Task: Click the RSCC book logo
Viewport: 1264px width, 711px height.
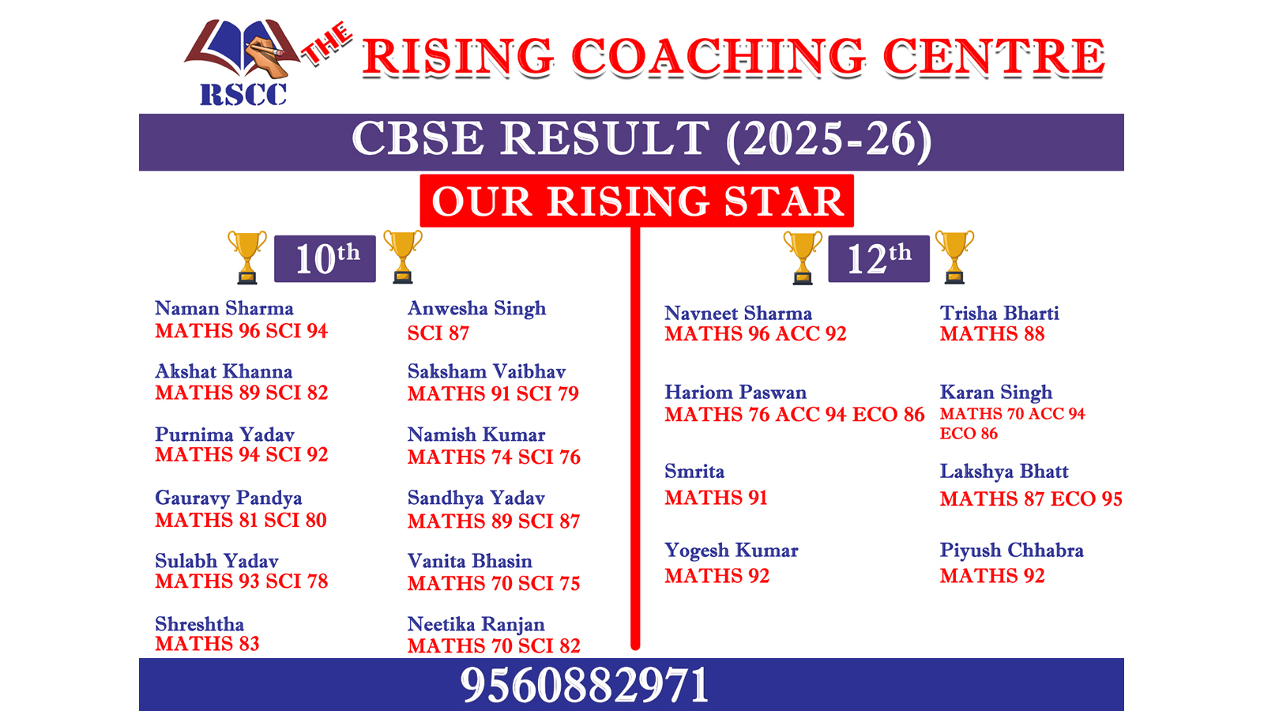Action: (x=243, y=62)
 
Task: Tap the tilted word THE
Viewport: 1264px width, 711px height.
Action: (x=327, y=43)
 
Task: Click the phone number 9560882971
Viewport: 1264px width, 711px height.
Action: (x=584, y=685)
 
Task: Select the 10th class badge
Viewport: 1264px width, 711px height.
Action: (x=325, y=258)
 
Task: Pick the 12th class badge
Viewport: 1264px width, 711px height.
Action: (x=878, y=258)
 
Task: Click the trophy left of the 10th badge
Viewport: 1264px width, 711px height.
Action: (x=247, y=257)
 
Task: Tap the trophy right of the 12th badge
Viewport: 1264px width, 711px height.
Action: (x=954, y=257)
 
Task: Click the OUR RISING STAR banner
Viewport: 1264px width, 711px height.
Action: (x=637, y=201)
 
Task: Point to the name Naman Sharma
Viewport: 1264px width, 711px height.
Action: (x=224, y=309)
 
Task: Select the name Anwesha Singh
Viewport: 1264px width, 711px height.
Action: (x=477, y=309)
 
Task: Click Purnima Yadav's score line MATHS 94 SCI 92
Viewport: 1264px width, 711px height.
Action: (x=242, y=455)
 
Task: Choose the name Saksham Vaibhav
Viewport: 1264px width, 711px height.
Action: (x=487, y=372)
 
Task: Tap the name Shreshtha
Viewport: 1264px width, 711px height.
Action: (x=200, y=624)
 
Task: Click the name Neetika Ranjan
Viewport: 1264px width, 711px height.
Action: (x=476, y=625)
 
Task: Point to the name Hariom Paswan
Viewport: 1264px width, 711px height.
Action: (x=735, y=392)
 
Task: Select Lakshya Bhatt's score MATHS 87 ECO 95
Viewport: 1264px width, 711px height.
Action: (x=1031, y=498)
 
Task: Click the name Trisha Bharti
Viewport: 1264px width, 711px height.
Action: (x=999, y=313)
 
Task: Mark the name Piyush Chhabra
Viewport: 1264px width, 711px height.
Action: (x=1012, y=551)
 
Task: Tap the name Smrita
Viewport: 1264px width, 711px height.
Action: (x=694, y=471)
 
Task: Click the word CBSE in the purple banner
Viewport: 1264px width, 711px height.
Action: (x=418, y=138)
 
